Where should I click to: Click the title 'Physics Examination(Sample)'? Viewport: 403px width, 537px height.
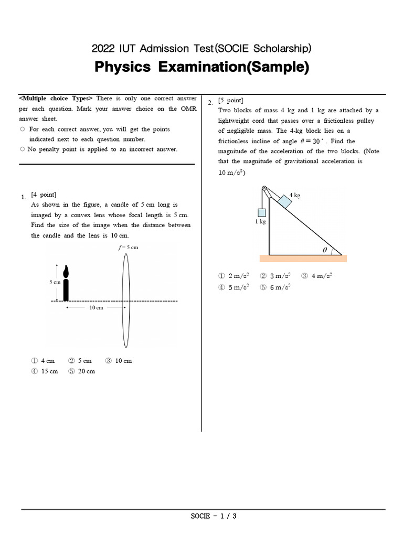pyautogui.click(x=201, y=67)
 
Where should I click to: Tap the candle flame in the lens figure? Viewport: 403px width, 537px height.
pyautogui.click(x=66, y=271)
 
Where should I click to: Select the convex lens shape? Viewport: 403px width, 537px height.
pyautogui.click(x=125, y=297)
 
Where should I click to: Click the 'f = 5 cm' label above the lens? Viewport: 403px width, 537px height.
pyautogui.click(x=128, y=248)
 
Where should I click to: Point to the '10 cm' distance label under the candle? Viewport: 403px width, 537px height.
pyautogui.click(x=96, y=308)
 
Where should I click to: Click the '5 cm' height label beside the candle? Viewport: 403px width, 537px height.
pyautogui.click(x=56, y=282)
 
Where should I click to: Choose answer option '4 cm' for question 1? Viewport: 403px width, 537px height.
pyautogui.click(x=43, y=361)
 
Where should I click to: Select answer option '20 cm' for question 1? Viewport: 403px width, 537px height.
pyautogui.click(x=82, y=371)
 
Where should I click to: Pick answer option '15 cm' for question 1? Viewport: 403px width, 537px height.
pyautogui.click(x=45, y=371)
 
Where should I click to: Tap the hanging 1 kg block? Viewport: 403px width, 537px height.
pyautogui.click(x=261, y=212)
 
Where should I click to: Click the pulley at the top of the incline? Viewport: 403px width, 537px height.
pyautogui.click(x=264, y=189)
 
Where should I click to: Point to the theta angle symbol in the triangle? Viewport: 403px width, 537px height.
pyautogui.click(x=325, y=251)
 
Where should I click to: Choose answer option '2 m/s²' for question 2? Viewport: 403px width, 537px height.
pyautogui.click(x=234, y=276)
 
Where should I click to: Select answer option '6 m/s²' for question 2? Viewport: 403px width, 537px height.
pyautogui.click(x=275, y=287)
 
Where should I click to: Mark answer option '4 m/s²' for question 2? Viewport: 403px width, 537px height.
pyautogui.click(x=317, y=276)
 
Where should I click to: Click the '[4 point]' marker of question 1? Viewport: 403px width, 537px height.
pyautogui.click(x=44, y=195)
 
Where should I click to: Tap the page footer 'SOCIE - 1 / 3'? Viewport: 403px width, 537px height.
pyautogui.click(x=214, y=516)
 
